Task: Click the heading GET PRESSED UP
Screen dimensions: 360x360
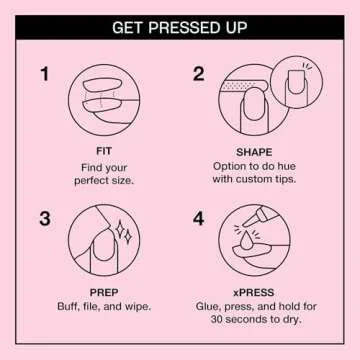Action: click(179, 27)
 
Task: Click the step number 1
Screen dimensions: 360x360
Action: click(44, 74)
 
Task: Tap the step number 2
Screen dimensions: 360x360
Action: click(198, 74)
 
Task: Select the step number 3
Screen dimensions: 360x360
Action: click(44, 218)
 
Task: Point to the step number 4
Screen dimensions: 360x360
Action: click(198, 218)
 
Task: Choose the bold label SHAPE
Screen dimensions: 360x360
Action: click(256, 152)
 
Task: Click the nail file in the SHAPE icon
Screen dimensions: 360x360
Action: click(240, 87)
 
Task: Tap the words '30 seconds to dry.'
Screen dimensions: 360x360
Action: click(256, 319)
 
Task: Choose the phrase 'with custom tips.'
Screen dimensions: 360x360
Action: click(256, 180)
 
